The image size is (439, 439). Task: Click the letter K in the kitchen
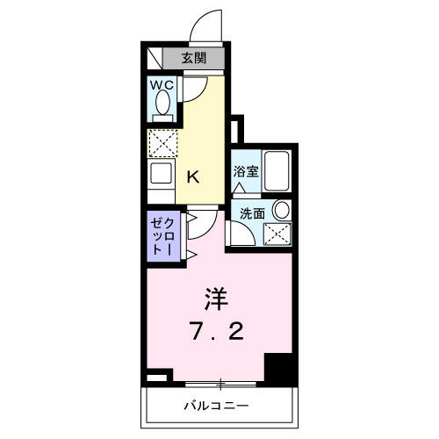click(x=193, y=176)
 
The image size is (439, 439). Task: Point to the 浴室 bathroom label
click(x=245, y=171)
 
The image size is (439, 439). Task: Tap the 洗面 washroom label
click(x=246, y=213)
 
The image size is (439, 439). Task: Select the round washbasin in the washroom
click(x=280, y=211)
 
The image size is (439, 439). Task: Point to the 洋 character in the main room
click(x=217, y=300)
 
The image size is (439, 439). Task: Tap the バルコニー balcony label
click(x=216, y=406)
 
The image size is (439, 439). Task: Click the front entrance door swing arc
click(x=206, y=22)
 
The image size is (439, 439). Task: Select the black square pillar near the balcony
click(x=278, y=367)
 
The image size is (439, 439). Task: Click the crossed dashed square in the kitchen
click(x=162, y=142)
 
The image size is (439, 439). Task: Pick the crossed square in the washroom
click(x=280, y=234)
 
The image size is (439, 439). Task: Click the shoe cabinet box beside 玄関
click(x=155, y=59)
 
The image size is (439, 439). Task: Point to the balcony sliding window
click(x=222, y=384)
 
